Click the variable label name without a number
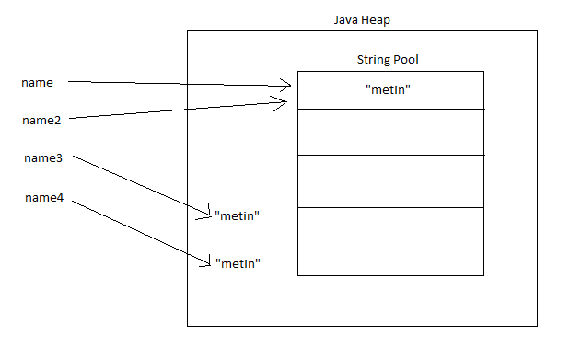pyautogui.click(x=37, y=83)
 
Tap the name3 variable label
pyautogui.click(x=43, y=158)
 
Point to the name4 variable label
pyautogui.click(x=43, y=197)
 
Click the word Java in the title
pyautogui.click(x=347, y=20)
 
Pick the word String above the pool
pyautogui.click(x=374, y=60)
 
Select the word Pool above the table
pyautogui.click(x=408, y=60)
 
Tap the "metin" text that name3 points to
pyautogui.click(x=238, y=215)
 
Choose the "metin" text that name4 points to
pyautogui.click(x=238, y=263)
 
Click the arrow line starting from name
pyautogui.click(x=175, y=84)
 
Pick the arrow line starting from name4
pyautogui.click(x=138, y=233)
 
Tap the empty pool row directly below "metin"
pyautogui.click(x=389, y=132)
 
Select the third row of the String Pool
pyautogui.click(x=389, y=180)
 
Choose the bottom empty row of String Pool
pyautogui.click(x=389, y=240)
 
